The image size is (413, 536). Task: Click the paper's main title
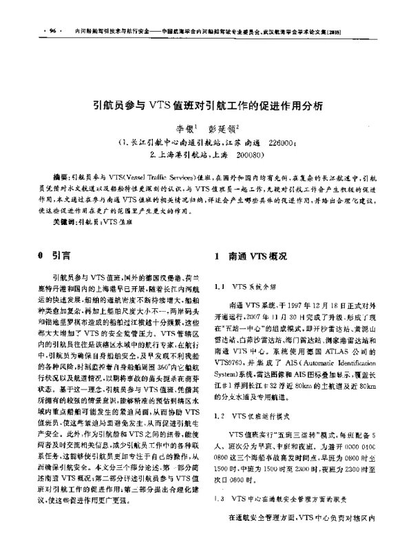point(206,107)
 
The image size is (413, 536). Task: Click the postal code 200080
point(240,155)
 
